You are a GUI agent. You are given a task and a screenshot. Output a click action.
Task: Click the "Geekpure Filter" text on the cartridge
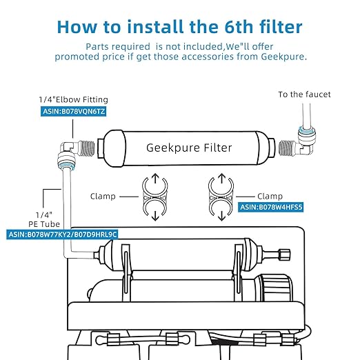click(x=189, y=148)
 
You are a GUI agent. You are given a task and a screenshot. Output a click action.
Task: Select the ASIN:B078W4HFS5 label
click(x=272, y=206)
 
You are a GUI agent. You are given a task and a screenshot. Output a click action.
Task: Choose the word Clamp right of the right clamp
click(x=270, y=196)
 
